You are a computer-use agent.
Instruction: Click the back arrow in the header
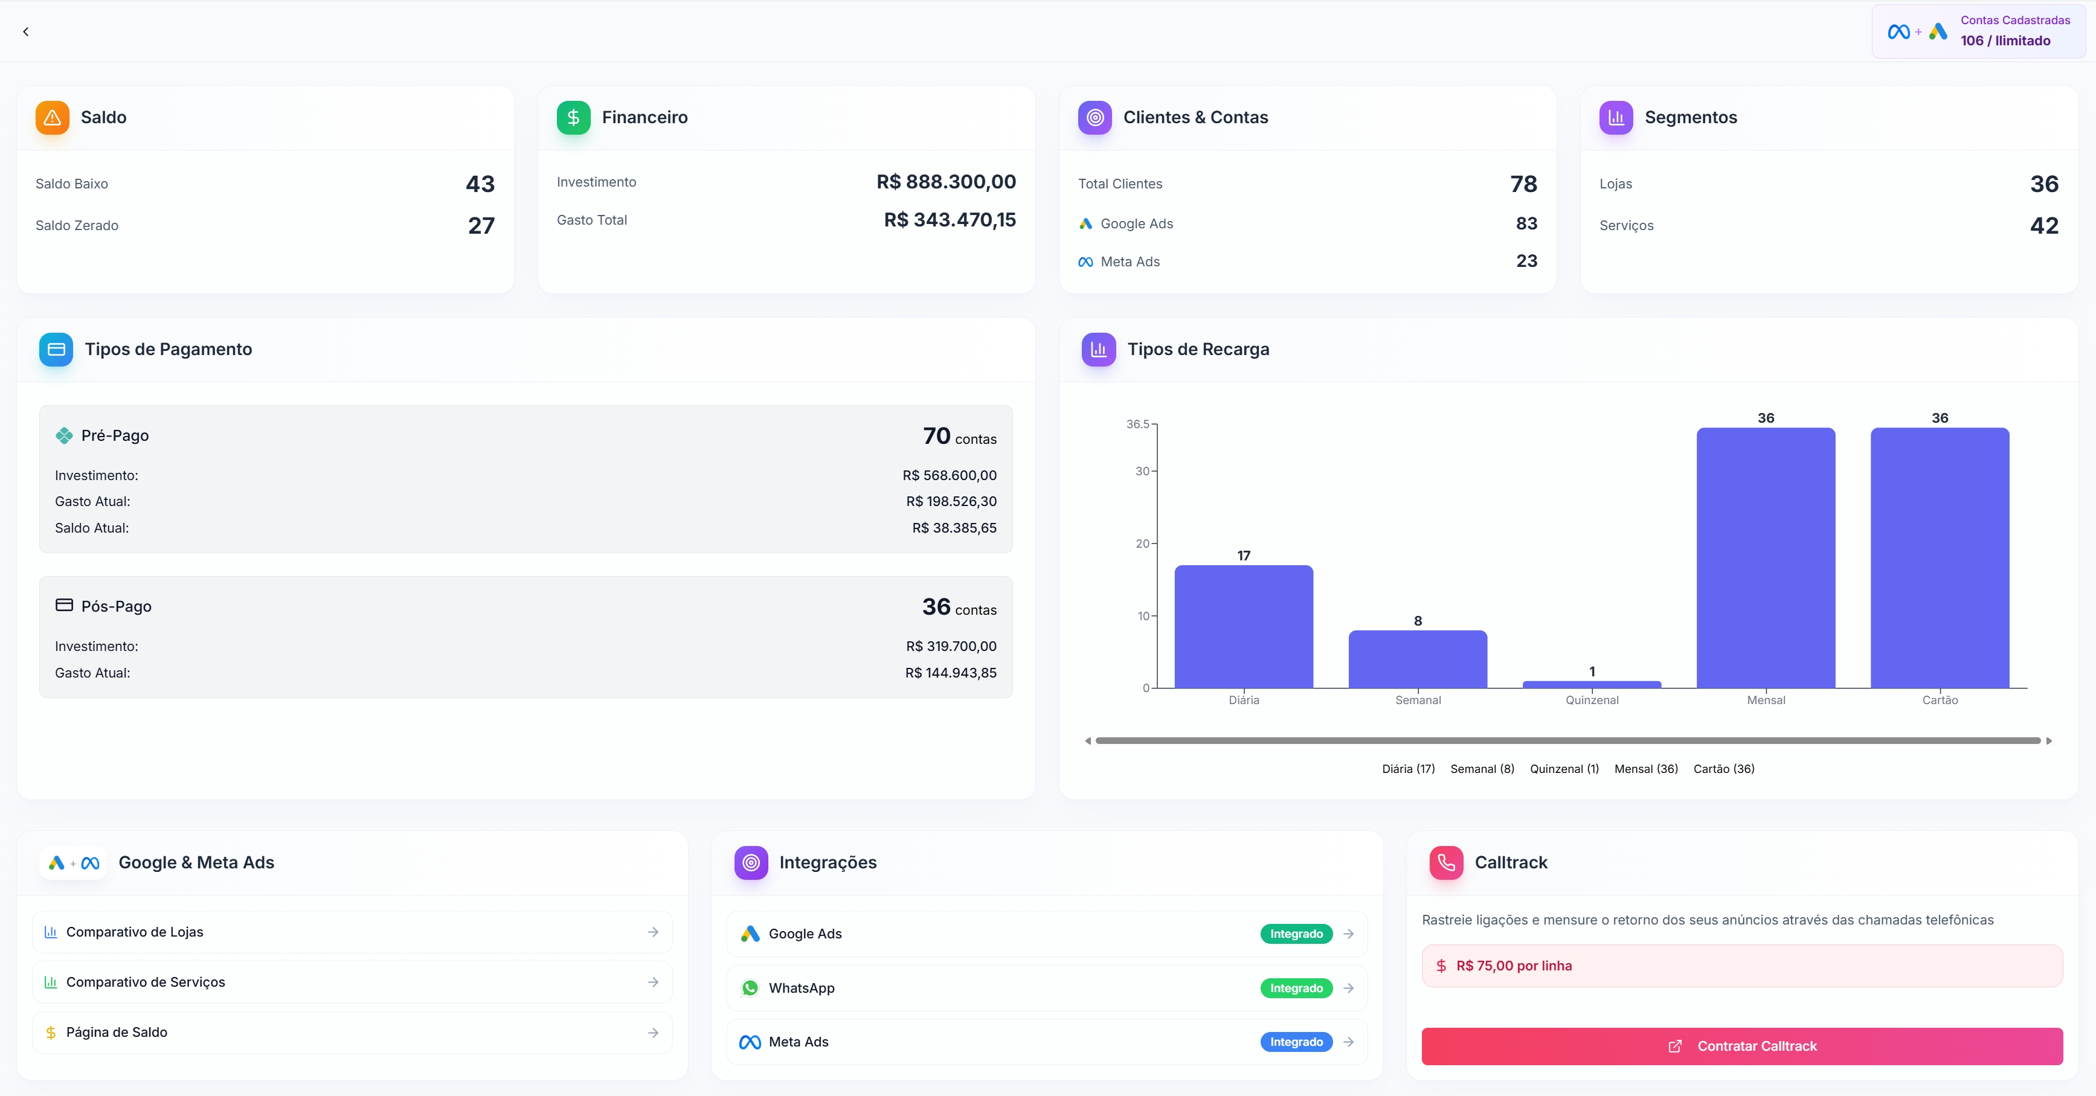(26, 32)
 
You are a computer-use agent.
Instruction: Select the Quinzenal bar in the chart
(1592, 684)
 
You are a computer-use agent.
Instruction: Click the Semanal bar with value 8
(1418, 659)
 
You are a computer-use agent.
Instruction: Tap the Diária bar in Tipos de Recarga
(1243, 627)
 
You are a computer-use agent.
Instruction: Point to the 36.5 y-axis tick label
(1137, 424)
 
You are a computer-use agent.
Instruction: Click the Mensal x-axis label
(1766, 700)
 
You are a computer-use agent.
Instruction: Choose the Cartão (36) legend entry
(1723, 769)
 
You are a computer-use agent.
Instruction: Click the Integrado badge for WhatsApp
(1296, 988)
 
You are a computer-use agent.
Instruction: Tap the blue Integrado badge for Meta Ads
(1296, 1042)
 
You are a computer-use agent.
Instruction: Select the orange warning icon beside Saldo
(52, 117)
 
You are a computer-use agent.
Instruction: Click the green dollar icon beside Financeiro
(573, 117)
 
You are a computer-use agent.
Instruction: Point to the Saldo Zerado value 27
(481, 225)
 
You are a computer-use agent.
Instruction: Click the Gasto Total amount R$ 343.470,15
(950, 220)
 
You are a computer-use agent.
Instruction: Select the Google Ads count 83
(1526, 224)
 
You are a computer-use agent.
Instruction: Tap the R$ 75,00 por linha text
(1514, 966)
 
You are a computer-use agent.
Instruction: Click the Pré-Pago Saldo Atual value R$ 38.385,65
(954, 528)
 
